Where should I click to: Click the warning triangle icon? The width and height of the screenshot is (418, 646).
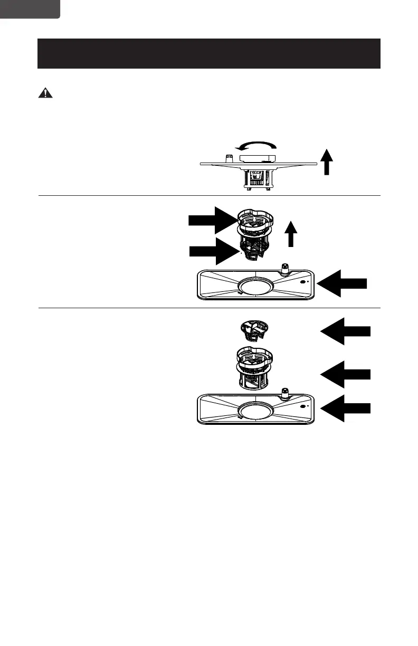click(46, 93)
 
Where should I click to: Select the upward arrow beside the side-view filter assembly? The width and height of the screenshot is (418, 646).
click(327, 161)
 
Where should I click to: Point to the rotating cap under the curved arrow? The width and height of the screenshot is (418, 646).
click(256, 158)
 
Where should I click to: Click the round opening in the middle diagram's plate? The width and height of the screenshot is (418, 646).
click(255, 286)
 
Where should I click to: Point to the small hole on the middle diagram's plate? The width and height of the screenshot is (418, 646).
click(303, 282)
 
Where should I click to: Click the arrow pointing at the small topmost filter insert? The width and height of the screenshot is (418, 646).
click(346, 331)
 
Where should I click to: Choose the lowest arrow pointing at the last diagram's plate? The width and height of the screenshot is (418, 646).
click(346, 408)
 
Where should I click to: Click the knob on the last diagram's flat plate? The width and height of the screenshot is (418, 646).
click(286, 393)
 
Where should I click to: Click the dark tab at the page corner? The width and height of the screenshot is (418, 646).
click(30, 8)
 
